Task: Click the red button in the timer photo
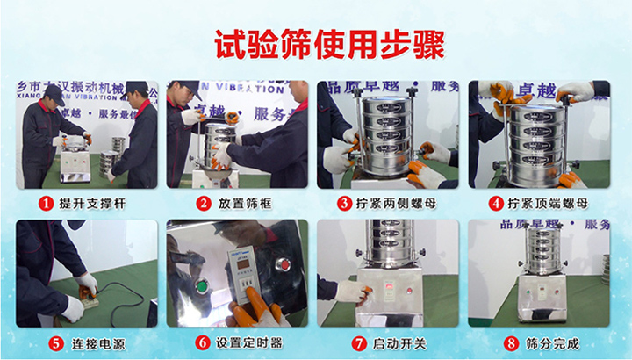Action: click(284, 263)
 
